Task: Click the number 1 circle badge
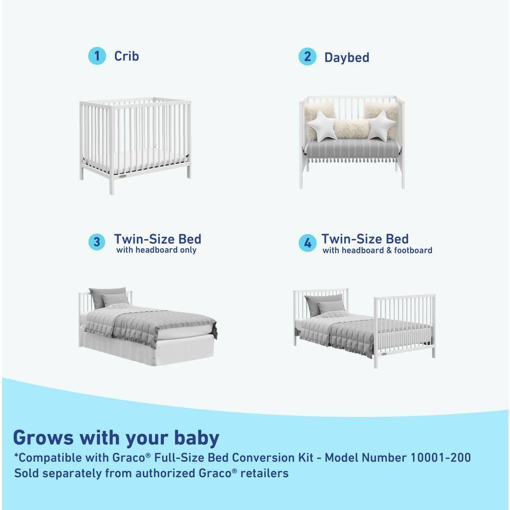(x=97, y=56)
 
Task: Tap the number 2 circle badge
(x=307, y=57)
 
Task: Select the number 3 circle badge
(x=97, y=242)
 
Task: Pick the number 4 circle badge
(x=307, y=243)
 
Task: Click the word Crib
(x=126, y=56)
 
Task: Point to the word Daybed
(x=347, y=57)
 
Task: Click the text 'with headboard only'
(x=156, y=250)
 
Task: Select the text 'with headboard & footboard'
(x=377, y=250)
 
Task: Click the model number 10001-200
(x=440, y=457)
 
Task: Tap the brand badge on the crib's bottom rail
(x=120, y=176)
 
